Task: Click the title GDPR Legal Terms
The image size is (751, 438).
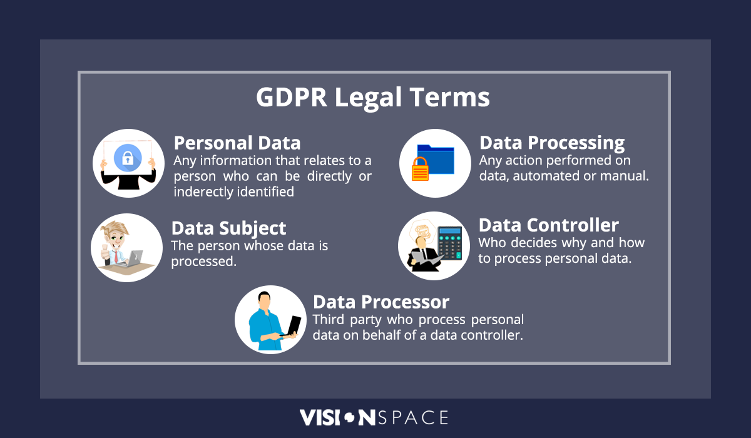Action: [x=372, y=98]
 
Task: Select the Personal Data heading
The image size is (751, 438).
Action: [x=237, y=143]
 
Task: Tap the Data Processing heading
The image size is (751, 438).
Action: [x=551, y=143]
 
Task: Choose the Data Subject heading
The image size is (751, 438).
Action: [x=228, y=228]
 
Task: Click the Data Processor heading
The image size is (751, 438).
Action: [x=381, y=302]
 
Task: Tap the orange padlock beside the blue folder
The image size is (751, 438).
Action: [x=420, y=169]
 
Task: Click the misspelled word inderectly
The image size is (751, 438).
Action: [x=203, y=192]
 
